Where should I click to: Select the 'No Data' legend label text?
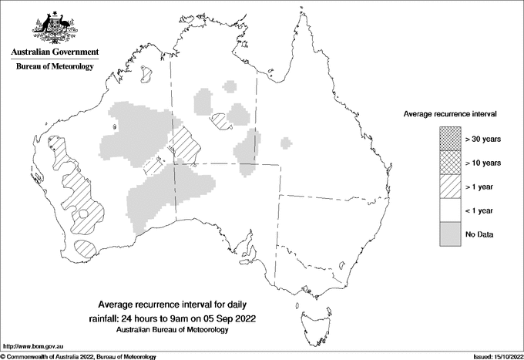[479, 234]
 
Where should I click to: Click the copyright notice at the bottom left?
[78, 356]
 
